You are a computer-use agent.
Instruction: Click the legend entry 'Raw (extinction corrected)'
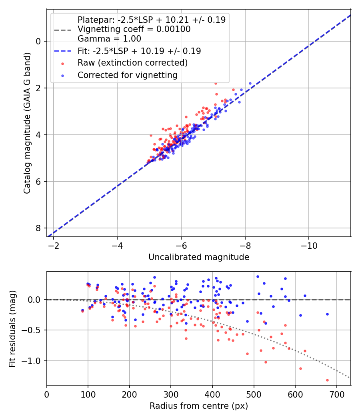(132, 63)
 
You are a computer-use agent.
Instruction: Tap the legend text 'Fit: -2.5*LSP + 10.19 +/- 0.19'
(139, 51)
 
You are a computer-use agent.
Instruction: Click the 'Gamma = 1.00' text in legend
(109, 39)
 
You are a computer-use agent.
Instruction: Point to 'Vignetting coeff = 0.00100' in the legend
(134, 29)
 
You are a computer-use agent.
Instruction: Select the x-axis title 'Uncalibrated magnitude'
(199, 257)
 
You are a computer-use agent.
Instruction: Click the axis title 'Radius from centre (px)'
(199, 406)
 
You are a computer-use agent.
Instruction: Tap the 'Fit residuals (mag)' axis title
(12, 328)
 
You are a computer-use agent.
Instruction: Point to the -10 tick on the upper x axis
(308, 245)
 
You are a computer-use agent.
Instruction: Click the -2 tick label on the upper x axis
(54, 245)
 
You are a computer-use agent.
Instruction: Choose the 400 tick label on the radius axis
(212, 394)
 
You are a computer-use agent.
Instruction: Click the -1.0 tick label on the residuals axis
(34, 361)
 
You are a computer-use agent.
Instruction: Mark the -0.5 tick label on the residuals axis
(34, 330)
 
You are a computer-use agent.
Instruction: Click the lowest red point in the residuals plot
(327, 380)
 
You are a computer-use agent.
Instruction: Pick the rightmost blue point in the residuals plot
(327, 314)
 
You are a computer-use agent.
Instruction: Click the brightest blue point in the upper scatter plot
(250, 84)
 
